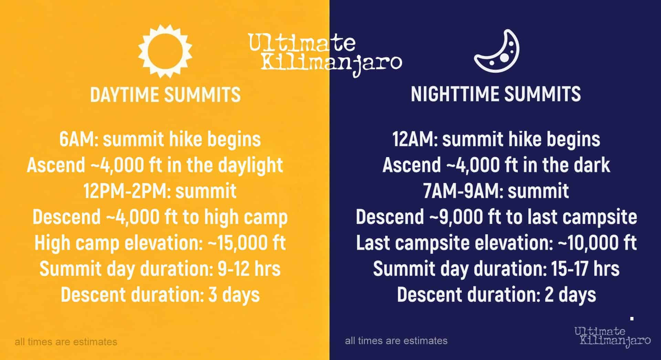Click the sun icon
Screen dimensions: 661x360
click(165, 51)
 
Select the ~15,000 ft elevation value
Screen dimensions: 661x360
click(246, 243)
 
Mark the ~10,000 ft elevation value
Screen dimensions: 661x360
click(597, 243)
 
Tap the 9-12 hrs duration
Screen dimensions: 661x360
click(249, 269)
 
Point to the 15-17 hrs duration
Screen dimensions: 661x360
click(585, 269)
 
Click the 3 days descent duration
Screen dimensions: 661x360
click(234, 295)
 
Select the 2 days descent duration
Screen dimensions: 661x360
click(570, 295)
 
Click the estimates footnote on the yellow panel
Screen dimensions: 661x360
click(66, 342)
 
